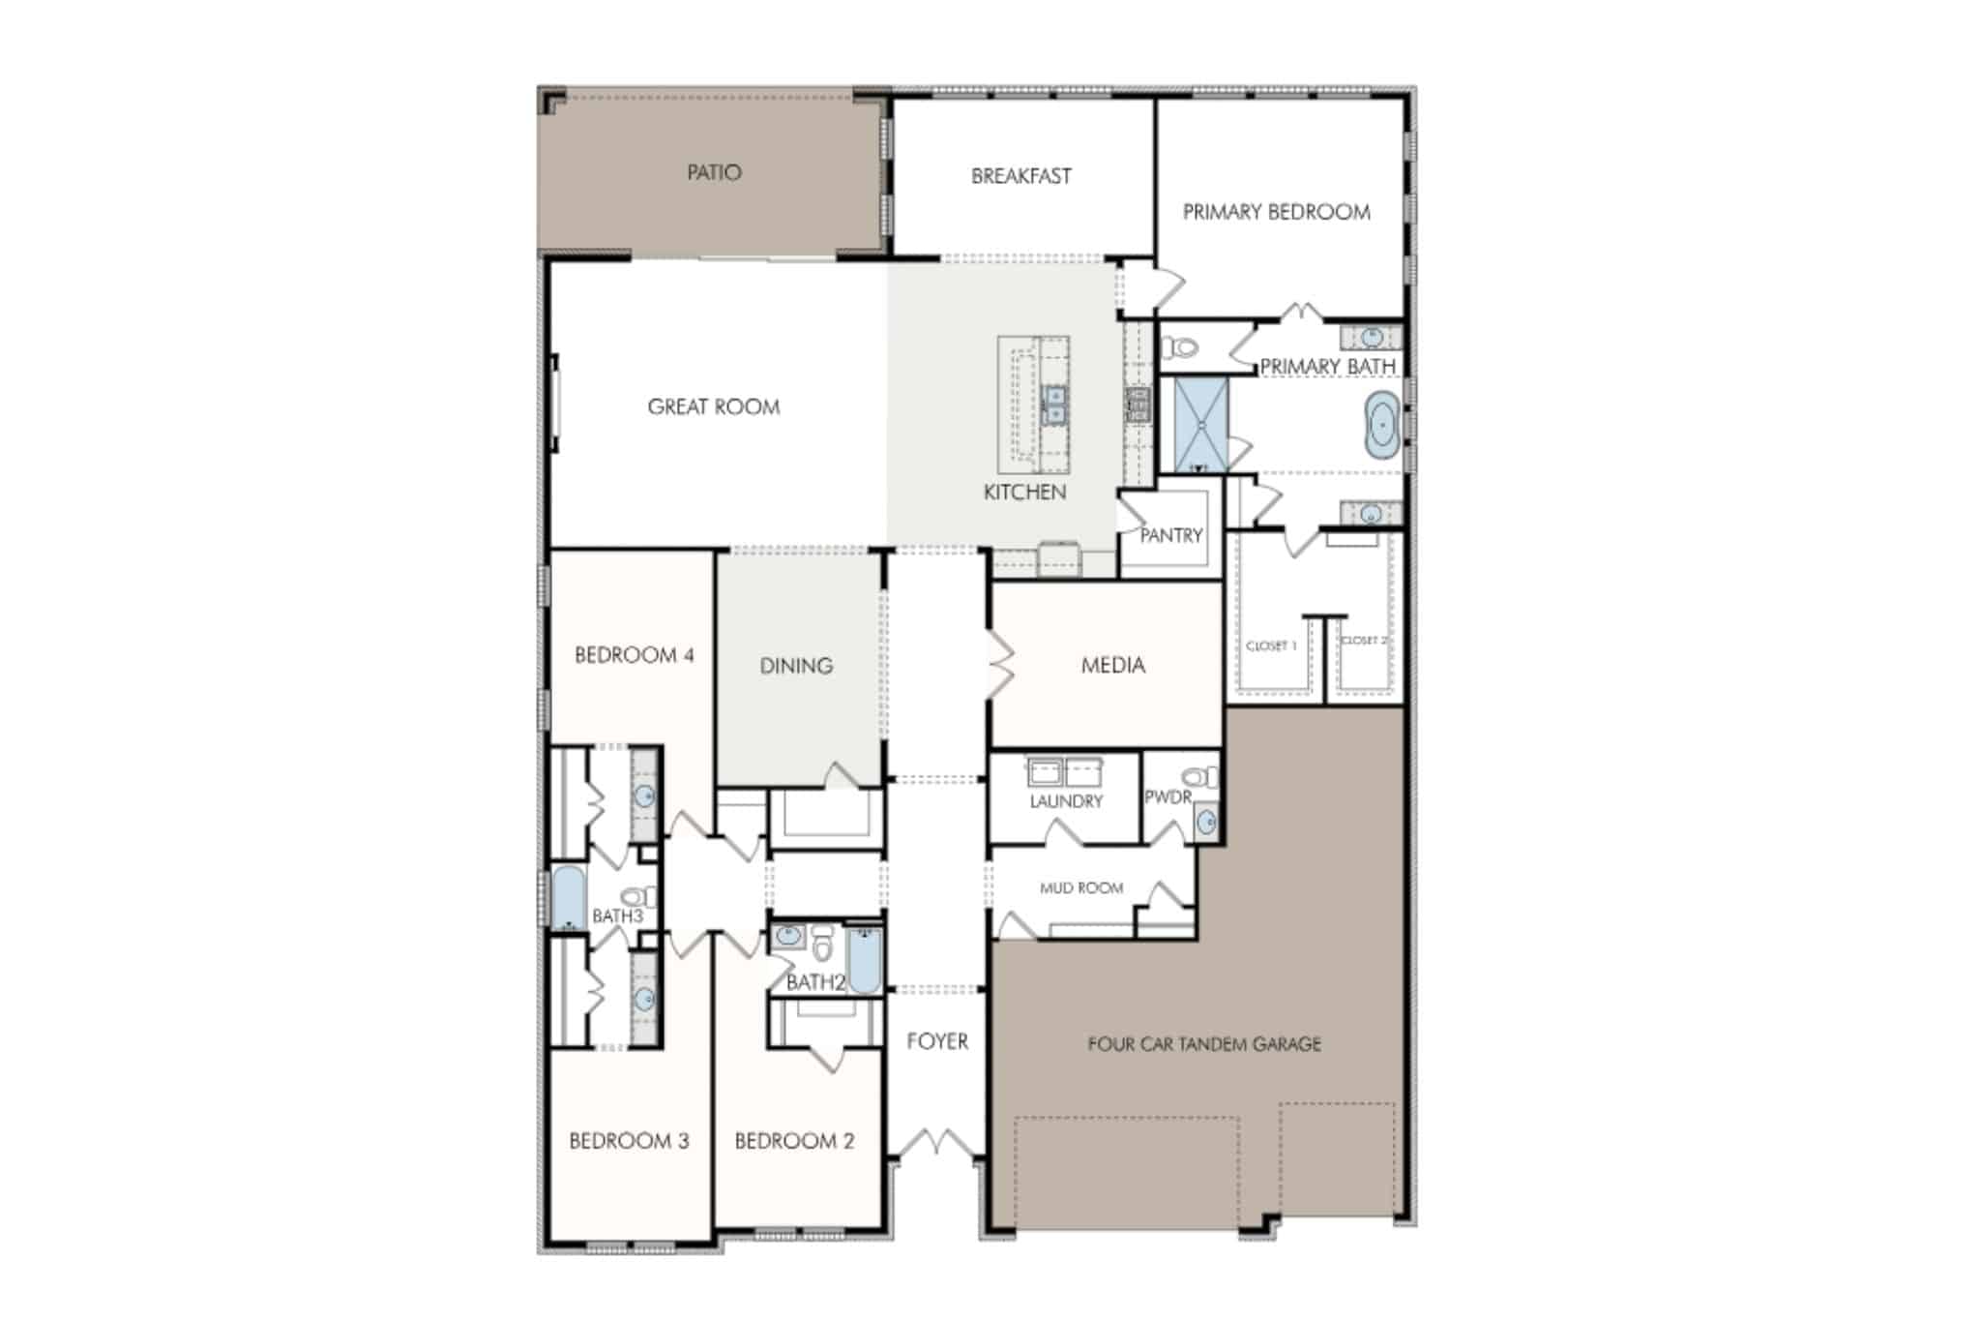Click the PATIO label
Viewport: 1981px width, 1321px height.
[x=714, y=172]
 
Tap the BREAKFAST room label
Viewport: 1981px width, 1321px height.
[x=1021, y=176]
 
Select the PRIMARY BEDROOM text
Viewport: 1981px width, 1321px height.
[x=1277, y=212]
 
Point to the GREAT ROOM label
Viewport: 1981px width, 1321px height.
[x=714, y=407]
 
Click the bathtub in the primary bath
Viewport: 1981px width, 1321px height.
[x=1382, y=425]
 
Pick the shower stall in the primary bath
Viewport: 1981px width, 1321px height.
[x=1200, y=425]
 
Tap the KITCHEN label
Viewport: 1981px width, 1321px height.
[x=1024, y=493]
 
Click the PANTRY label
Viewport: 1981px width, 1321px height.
[x=1171, y=535]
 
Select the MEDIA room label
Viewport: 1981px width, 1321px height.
[x=1113, y=665]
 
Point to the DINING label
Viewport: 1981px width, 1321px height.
[x=796, y=666]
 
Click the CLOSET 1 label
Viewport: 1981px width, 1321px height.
[x=1271, y=645]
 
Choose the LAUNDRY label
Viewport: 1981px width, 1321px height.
[x=1066, y=801]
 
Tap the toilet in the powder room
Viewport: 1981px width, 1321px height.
[x=1200, y=777]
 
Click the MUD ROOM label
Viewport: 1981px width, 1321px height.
[x=1081, y=887]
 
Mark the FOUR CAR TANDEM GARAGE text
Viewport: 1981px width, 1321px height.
[x=1204, y=1044]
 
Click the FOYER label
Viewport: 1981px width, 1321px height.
[x=937, y=1041]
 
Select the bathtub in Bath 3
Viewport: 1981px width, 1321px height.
[x=568, y=898]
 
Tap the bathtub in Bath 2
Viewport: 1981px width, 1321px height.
[x=865, y=960]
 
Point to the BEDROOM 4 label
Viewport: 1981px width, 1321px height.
[x=635, y=655]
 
